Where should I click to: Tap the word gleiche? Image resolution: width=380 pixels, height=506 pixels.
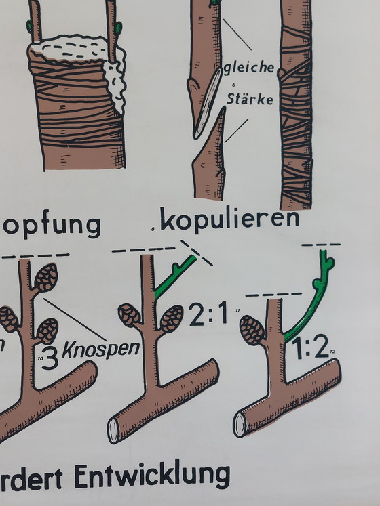[x=249, y=67]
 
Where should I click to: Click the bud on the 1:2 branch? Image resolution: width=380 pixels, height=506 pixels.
[x=251, y=330]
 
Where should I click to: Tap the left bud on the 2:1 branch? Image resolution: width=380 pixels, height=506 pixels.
[x=130, y=315]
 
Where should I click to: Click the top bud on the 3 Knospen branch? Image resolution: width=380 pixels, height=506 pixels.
[x=45, y=278]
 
